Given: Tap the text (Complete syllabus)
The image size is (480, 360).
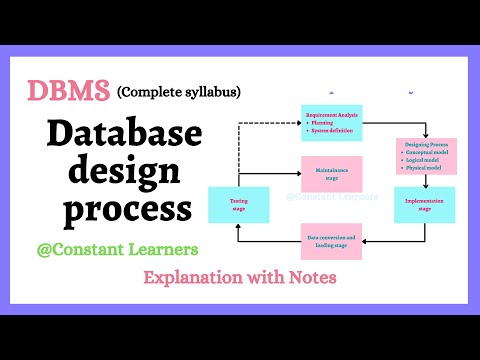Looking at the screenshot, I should click(179, 93).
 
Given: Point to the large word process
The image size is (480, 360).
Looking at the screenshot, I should click(126, 210).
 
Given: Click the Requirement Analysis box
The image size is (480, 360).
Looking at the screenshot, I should click(331, 122).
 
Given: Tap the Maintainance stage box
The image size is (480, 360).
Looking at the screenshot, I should click(331, 176).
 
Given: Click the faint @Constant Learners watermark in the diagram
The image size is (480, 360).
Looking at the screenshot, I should click(332, 198).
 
